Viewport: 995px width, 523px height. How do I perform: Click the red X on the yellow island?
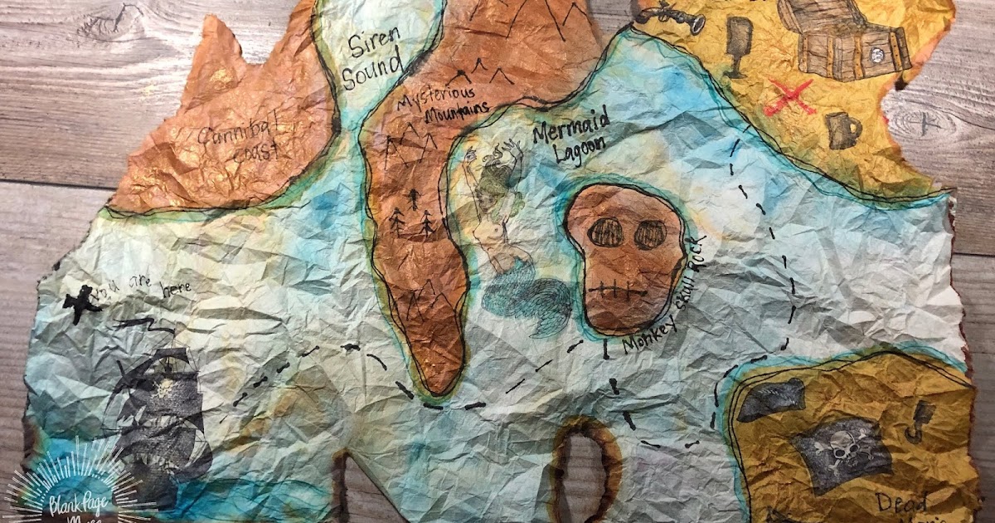point(789,99)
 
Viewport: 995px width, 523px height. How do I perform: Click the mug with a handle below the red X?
point(842,130)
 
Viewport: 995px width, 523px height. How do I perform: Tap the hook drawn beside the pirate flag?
point(919,419)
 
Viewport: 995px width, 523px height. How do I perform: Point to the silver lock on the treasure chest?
point(876,54)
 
